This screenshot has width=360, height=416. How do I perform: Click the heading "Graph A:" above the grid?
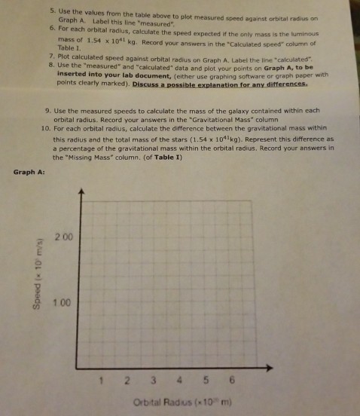tap(30, 173)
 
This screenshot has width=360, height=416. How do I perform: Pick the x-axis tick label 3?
tap(153, 379)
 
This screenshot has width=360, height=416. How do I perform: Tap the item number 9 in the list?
tap(48, 112)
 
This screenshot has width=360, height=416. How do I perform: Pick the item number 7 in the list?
tap(50, 57)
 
